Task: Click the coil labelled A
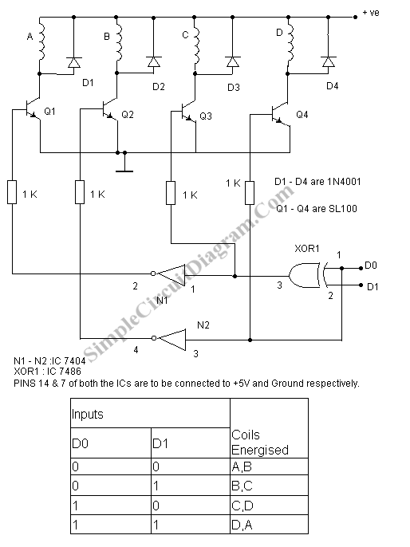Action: point(41,41)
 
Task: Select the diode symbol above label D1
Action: point(73,62)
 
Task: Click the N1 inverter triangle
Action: point(171,274)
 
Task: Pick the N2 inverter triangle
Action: point(171,339)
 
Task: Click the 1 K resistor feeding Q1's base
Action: point(12,192)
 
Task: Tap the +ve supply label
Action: point(371,14)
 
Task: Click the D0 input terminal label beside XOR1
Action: point(371,266)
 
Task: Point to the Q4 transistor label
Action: point(302,115)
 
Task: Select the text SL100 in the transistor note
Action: point(343,209)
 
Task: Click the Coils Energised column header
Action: point(260,443)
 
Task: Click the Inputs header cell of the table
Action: point(151,413)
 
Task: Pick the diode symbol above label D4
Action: point(328,62)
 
